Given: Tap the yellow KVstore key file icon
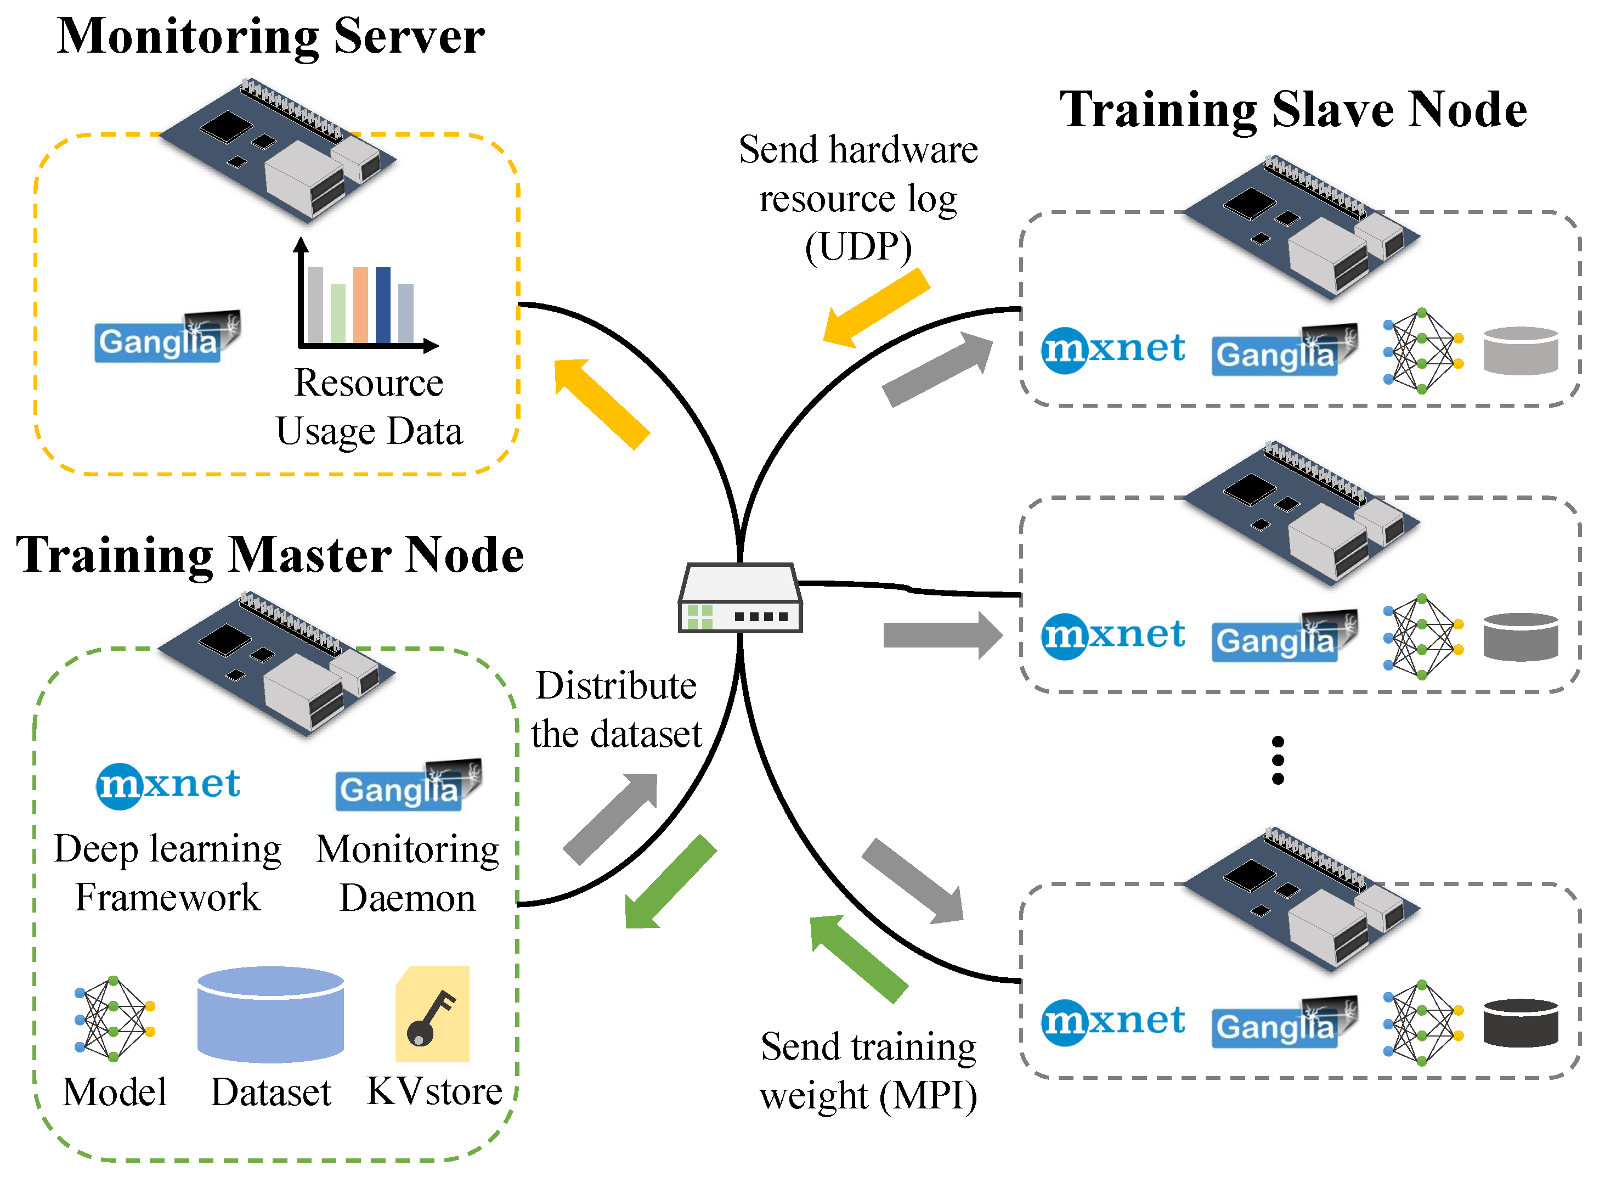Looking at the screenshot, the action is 433,1014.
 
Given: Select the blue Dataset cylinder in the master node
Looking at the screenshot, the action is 271,1014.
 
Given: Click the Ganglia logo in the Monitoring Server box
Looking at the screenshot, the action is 167,336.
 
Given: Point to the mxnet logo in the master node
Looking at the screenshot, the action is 168,785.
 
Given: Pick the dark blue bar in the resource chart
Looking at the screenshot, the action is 383,305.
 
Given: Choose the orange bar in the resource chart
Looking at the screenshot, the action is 360,305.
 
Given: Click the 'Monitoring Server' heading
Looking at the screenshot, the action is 271,36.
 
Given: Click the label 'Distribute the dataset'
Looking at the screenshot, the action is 616,709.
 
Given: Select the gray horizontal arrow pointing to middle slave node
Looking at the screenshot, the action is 943,636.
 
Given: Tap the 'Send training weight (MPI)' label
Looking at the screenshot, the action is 868,1072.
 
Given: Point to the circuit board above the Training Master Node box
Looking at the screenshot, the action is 276,663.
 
